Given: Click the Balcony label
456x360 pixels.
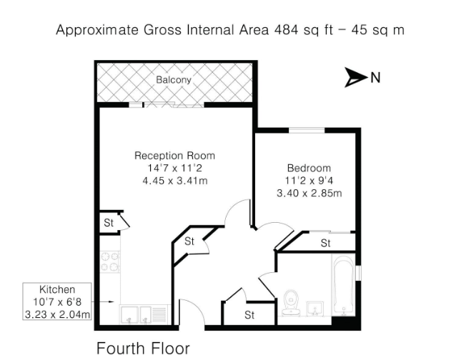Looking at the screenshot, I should click(174, 80).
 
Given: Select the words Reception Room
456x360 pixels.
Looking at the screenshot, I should click(174, 155).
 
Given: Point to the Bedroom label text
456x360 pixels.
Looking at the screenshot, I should click(309, 168).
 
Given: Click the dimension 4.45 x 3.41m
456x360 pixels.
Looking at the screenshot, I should click(174, 180).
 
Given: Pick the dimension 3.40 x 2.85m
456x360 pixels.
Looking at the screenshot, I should click(309, 193).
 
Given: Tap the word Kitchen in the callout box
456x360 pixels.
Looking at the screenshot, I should click(57, 290).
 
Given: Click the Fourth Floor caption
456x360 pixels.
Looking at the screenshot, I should click(143, 349).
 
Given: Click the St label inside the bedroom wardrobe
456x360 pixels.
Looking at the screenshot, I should click(325, 244).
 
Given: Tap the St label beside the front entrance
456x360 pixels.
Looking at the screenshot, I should click(249, 314).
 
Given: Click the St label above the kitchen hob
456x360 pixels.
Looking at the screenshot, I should click(109, 222).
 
